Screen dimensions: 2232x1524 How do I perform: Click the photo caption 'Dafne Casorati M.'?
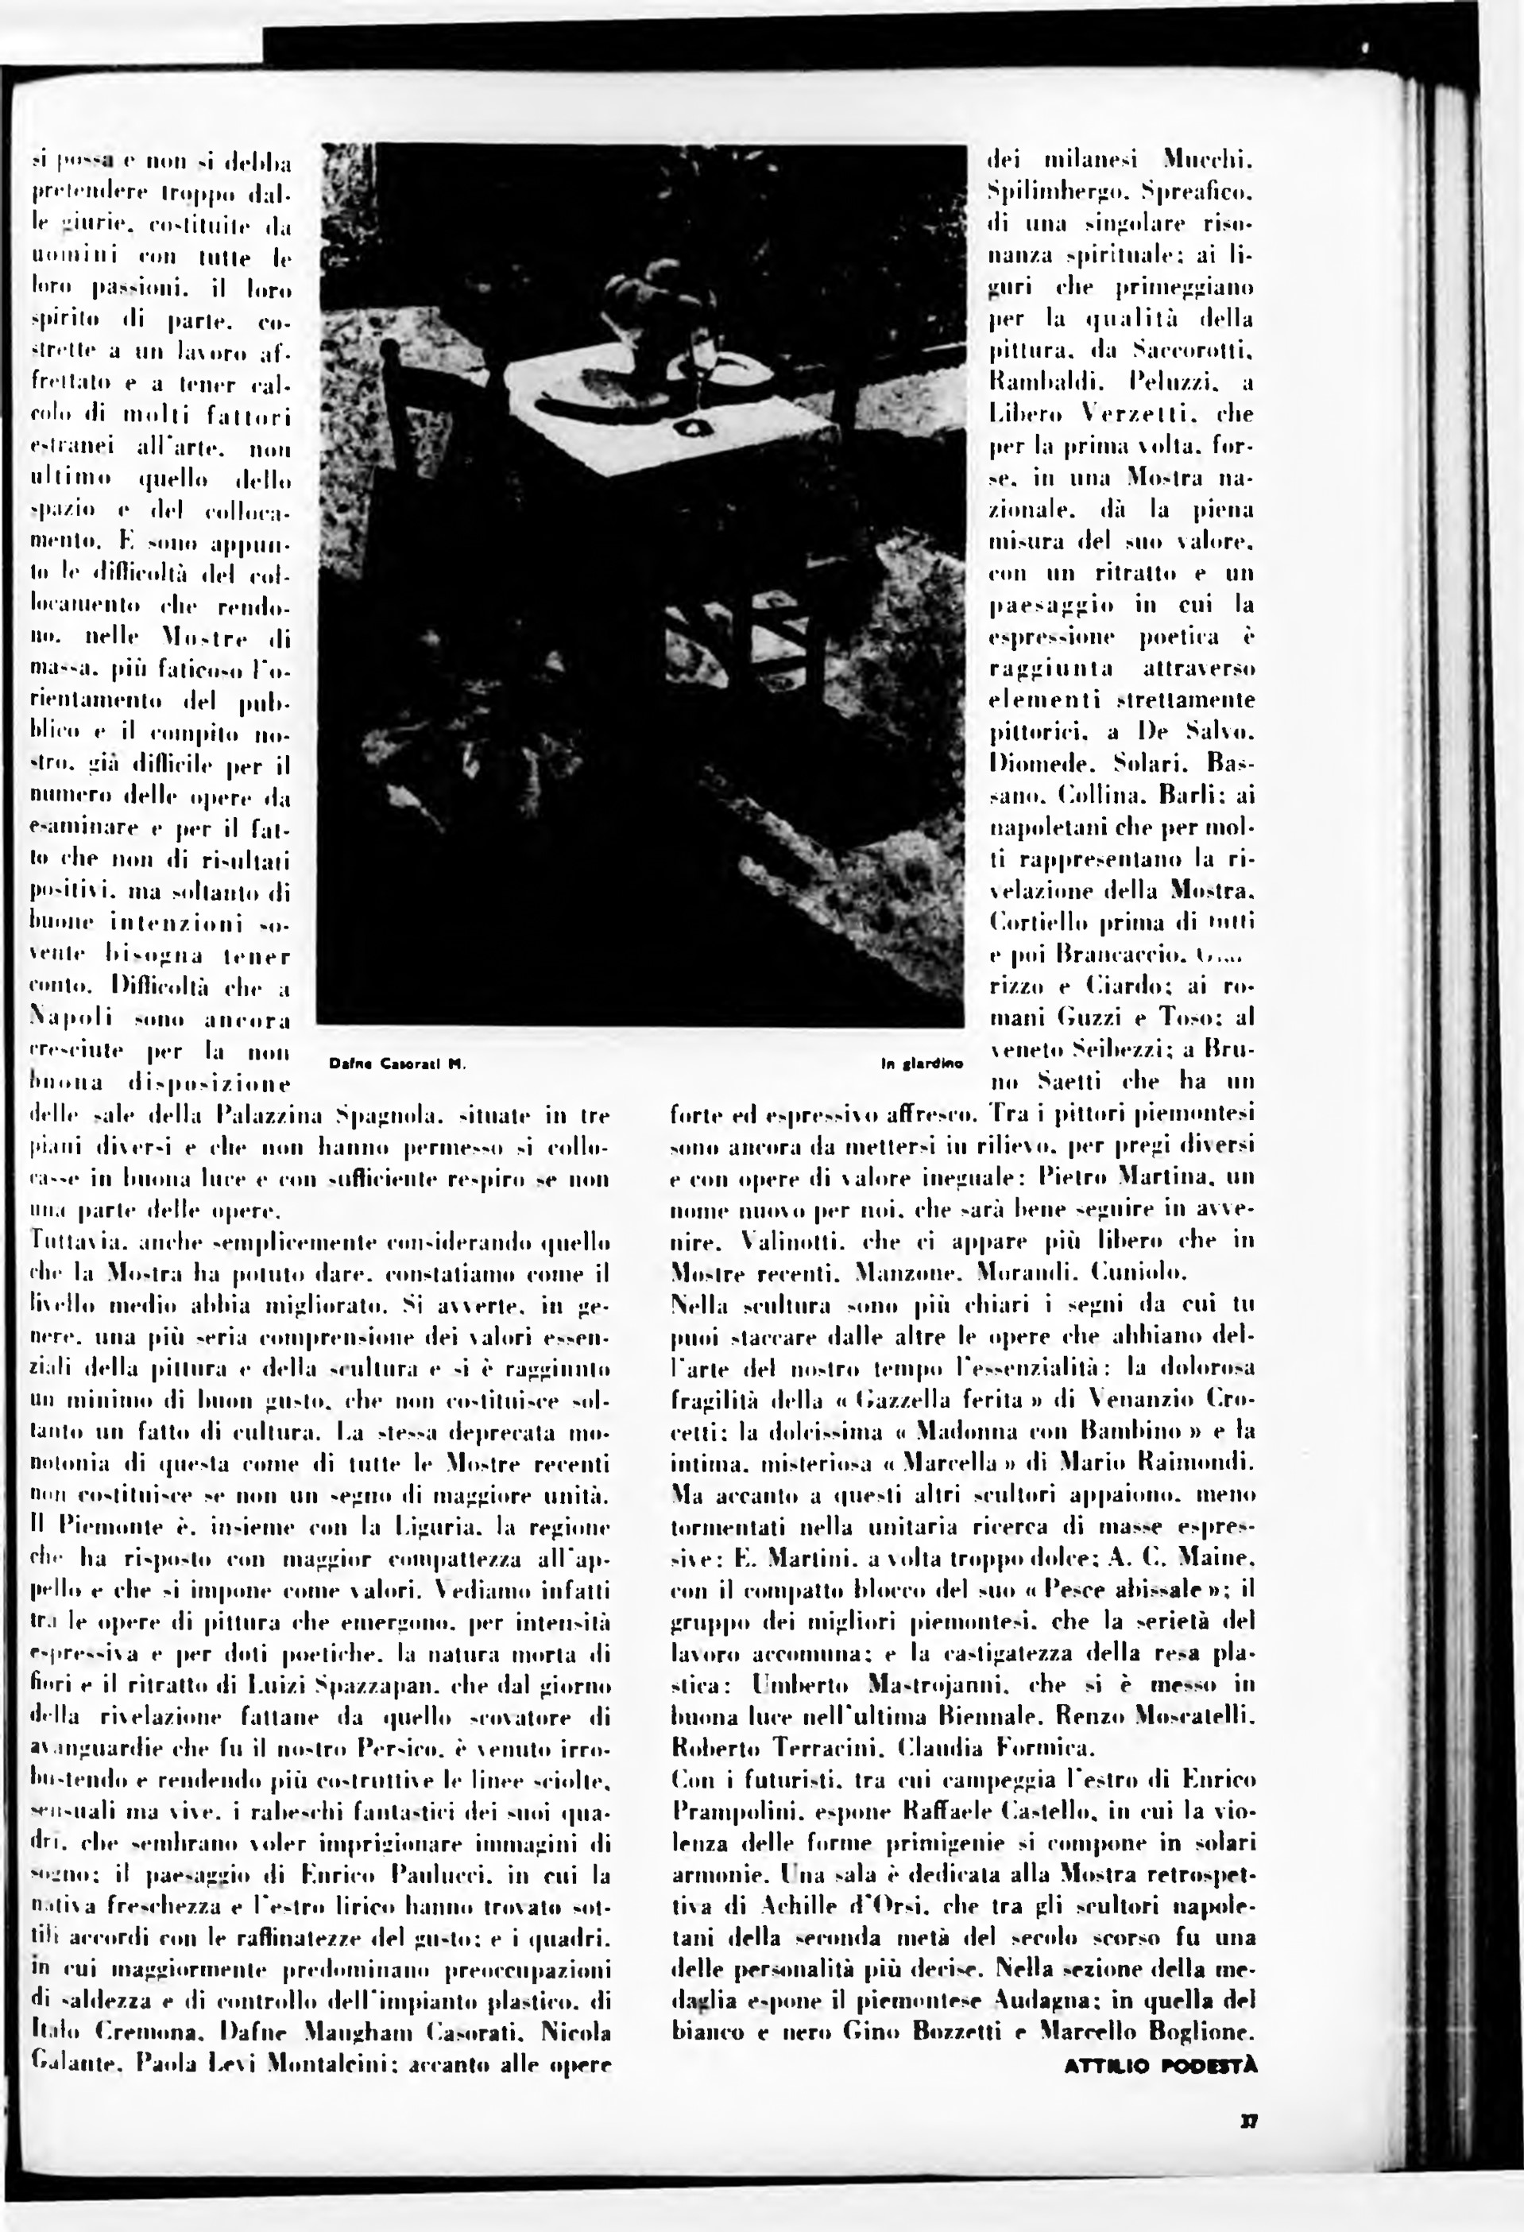396,1064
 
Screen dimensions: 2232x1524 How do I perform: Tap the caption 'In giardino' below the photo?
921,1064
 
